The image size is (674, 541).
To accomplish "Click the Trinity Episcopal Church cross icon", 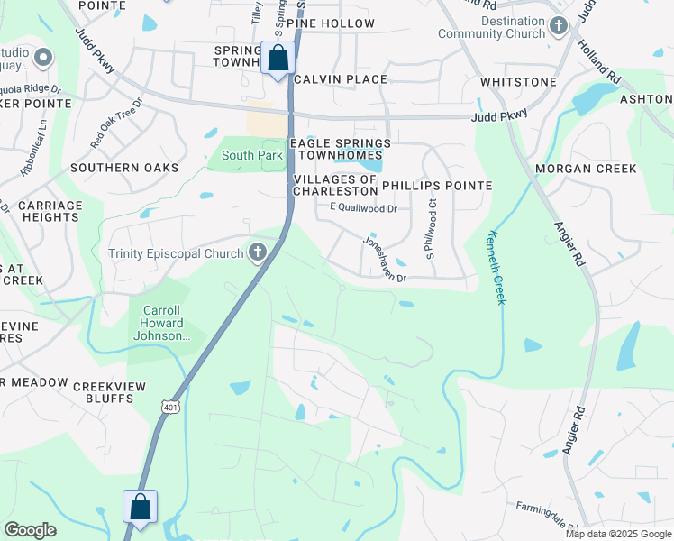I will pyautogui.click(x=258, y=252).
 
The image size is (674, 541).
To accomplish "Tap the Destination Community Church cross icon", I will pyautogui.click(x=559, y=27).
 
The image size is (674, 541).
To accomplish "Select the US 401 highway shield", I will pyautogui.click(x=172, y=408).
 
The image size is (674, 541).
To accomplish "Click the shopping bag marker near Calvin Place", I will pyautogui.click(x=278, y=60).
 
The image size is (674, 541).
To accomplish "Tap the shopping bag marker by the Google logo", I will pyautogui.click(x=141, y=508).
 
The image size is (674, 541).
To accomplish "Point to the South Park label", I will pyautogui.click(x=252, y=155).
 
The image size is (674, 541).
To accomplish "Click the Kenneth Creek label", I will pyautogui.click(x=496, y=266).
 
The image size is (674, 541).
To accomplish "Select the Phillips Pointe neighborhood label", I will pyautogui.click(x=437, y=185).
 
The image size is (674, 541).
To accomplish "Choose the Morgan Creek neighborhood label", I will pyautogui.click(x=586, y=169).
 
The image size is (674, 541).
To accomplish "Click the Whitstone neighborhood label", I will pyautogui.click(x=518, y=82).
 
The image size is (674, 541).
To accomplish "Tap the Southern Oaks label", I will pyautogui.click(x=124, y=168).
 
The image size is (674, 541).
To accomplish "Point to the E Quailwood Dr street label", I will pyautogui.click(x=363, y=207).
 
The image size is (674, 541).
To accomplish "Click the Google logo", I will pyautogui.click(x=30, y=530).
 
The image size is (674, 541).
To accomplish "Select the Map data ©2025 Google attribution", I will pyautogui.click(x=618, y=534).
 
